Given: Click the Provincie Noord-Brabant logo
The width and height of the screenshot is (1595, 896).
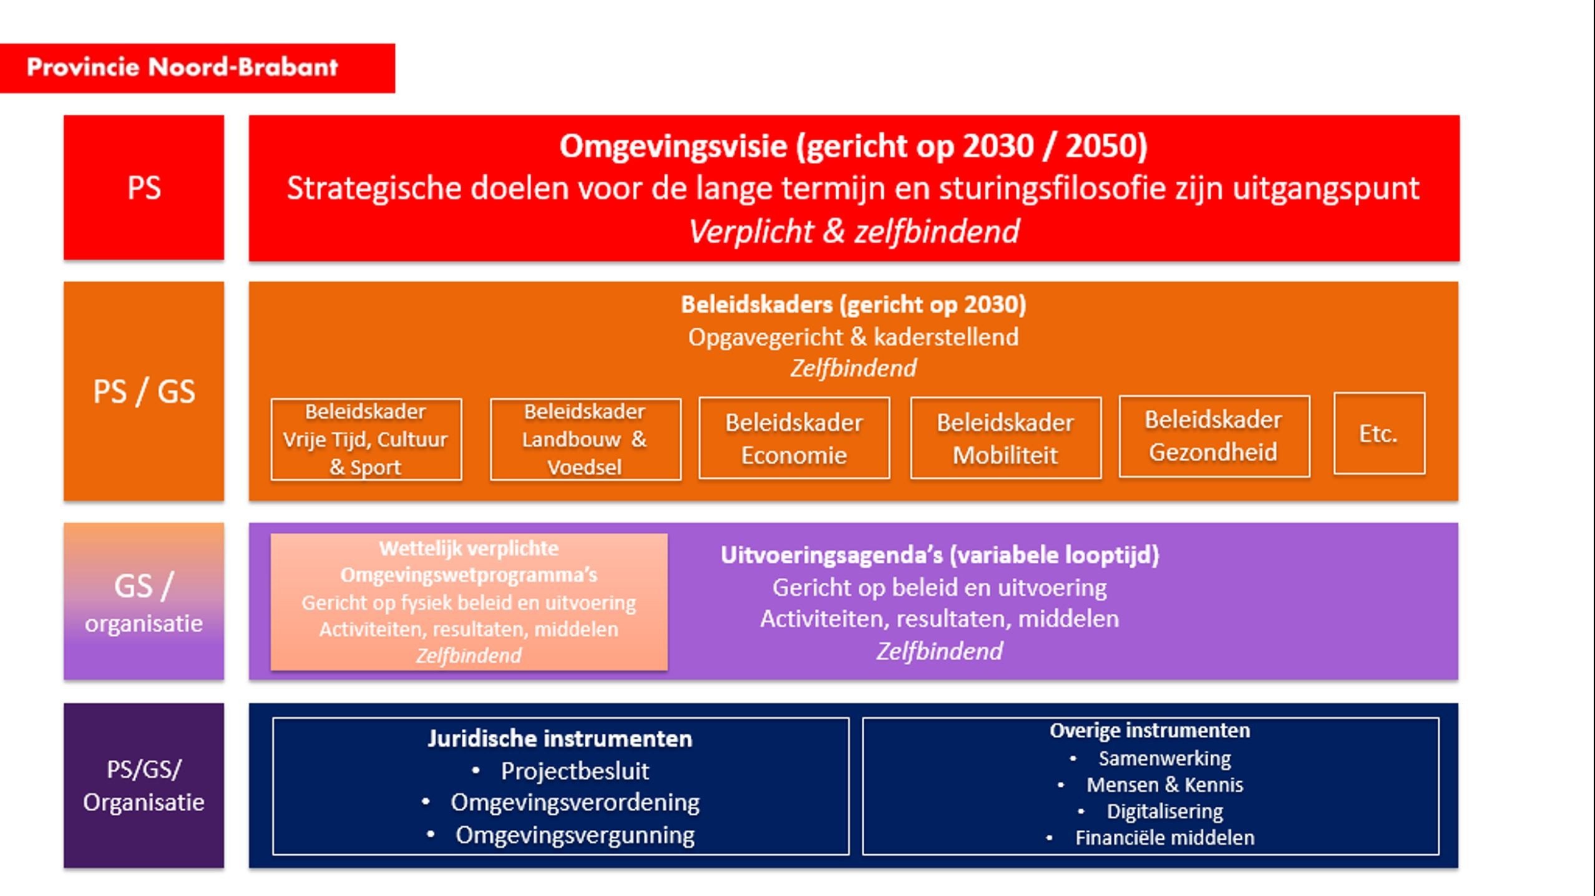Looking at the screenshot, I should coord(182,67).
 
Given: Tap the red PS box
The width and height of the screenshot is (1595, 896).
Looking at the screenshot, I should coord(144,187).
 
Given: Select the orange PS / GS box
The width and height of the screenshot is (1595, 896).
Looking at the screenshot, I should coord(144,391).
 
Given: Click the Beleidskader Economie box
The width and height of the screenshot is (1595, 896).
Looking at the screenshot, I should coord(794,439).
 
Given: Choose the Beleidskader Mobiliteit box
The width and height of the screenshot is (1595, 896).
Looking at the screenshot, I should coord(1005,439).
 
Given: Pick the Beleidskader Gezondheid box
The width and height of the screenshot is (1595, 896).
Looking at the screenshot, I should coord(1214,436).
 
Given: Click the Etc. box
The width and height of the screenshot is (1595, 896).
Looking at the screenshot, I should coord(1379,434).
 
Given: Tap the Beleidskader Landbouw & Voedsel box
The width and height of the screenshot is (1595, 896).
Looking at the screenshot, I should coord(585,439).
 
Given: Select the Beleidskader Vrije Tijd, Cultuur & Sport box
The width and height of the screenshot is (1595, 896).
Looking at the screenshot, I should coord(366,439).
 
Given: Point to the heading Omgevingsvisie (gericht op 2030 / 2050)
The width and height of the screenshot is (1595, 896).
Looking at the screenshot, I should coord(853,146).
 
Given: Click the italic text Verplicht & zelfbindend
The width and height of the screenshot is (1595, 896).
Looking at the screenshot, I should coord(853,231).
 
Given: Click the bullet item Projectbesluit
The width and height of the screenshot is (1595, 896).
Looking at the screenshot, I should coord(575,771).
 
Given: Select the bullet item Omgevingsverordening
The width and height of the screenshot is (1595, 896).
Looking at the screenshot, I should coord(575,803).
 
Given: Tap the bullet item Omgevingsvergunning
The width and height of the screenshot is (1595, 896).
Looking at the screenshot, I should coord(575,835).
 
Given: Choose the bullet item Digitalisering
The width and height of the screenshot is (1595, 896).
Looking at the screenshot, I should coord(1164,811).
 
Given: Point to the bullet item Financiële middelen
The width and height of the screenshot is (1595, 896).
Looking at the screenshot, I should coord(1164,838).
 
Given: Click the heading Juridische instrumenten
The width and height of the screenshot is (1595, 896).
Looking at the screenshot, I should coord(560,739).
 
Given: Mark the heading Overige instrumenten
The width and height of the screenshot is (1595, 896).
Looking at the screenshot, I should coord(1149,731).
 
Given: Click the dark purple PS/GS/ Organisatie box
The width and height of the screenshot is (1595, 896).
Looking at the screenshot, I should coord(144,786).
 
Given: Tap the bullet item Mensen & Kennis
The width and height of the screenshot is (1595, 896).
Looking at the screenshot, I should coord(1164,785).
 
